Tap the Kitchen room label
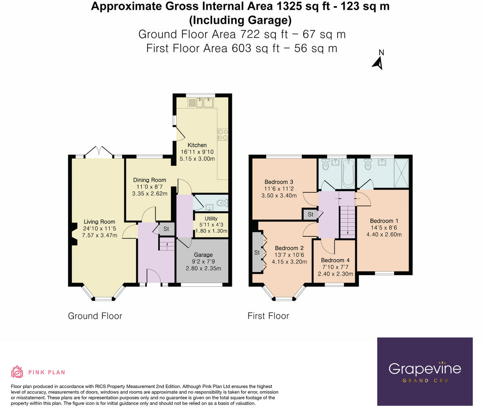pos(197,145)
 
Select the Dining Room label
pos(150,180)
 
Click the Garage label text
pos(203,255)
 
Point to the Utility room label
pos(211,219)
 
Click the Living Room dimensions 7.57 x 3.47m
pos(100,235)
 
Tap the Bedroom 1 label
pos(384,221)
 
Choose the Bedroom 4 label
pos(332,260)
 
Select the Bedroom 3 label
pos(279,182)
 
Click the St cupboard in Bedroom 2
pos(257,253)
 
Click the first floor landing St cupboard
pos(310,214)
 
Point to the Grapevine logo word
pos(424,368)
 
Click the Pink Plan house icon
pos(17,372)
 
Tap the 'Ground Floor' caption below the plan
pos(95,316)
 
